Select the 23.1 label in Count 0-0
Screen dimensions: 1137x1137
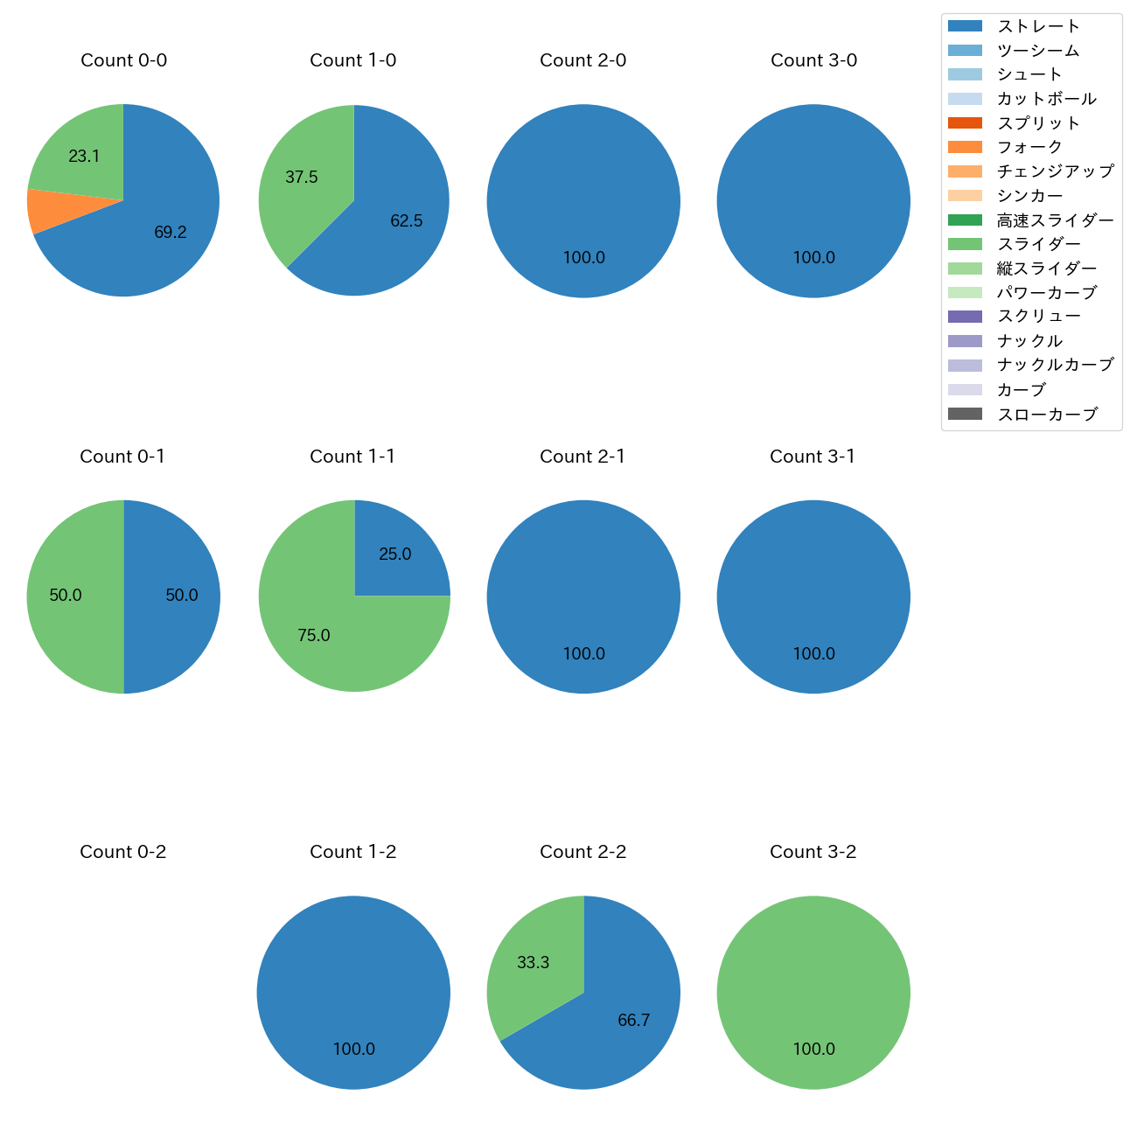(84, 157)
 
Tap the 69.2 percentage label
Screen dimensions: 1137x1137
(171, 233)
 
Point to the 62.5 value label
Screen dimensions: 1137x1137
(406, 221)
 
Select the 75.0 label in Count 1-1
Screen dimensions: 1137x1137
(313, 636)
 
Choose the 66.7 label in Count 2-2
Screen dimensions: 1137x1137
(633, 1021)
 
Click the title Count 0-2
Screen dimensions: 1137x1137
(122, 852)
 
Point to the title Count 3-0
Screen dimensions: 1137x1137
(813, 60)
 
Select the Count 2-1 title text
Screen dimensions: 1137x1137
(582, 457)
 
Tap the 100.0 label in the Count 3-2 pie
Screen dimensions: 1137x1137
(813, 1050)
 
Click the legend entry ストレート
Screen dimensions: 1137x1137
(1038, 26)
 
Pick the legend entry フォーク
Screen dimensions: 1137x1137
(1029, 147)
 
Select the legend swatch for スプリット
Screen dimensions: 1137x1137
(965, 123)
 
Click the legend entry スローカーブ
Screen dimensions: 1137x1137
(1047, 415)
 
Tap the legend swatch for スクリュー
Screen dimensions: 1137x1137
(965, 317)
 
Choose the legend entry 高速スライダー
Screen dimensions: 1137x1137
(1055, 220)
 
